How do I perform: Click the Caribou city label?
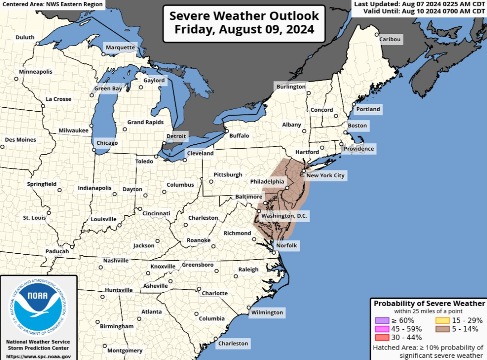point(390,39)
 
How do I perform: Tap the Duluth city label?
point(25,38)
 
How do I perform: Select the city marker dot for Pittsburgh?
point(211,182)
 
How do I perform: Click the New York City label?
point(325,175)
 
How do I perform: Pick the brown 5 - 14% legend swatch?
point(443,329)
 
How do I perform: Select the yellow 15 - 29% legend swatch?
point(443,320)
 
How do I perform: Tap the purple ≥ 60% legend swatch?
point(382,320)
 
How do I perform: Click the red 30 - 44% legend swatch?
point(382,337)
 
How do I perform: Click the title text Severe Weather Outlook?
point(244,16)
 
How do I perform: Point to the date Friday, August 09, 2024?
point(244,30)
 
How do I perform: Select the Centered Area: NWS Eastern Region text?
point(52,5)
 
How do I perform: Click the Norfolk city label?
point(287,245)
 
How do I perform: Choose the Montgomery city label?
point(125,351)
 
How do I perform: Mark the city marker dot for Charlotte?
point(199,289)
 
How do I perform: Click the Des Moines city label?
point(20,140)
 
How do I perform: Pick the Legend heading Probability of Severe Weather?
point(429,303)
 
